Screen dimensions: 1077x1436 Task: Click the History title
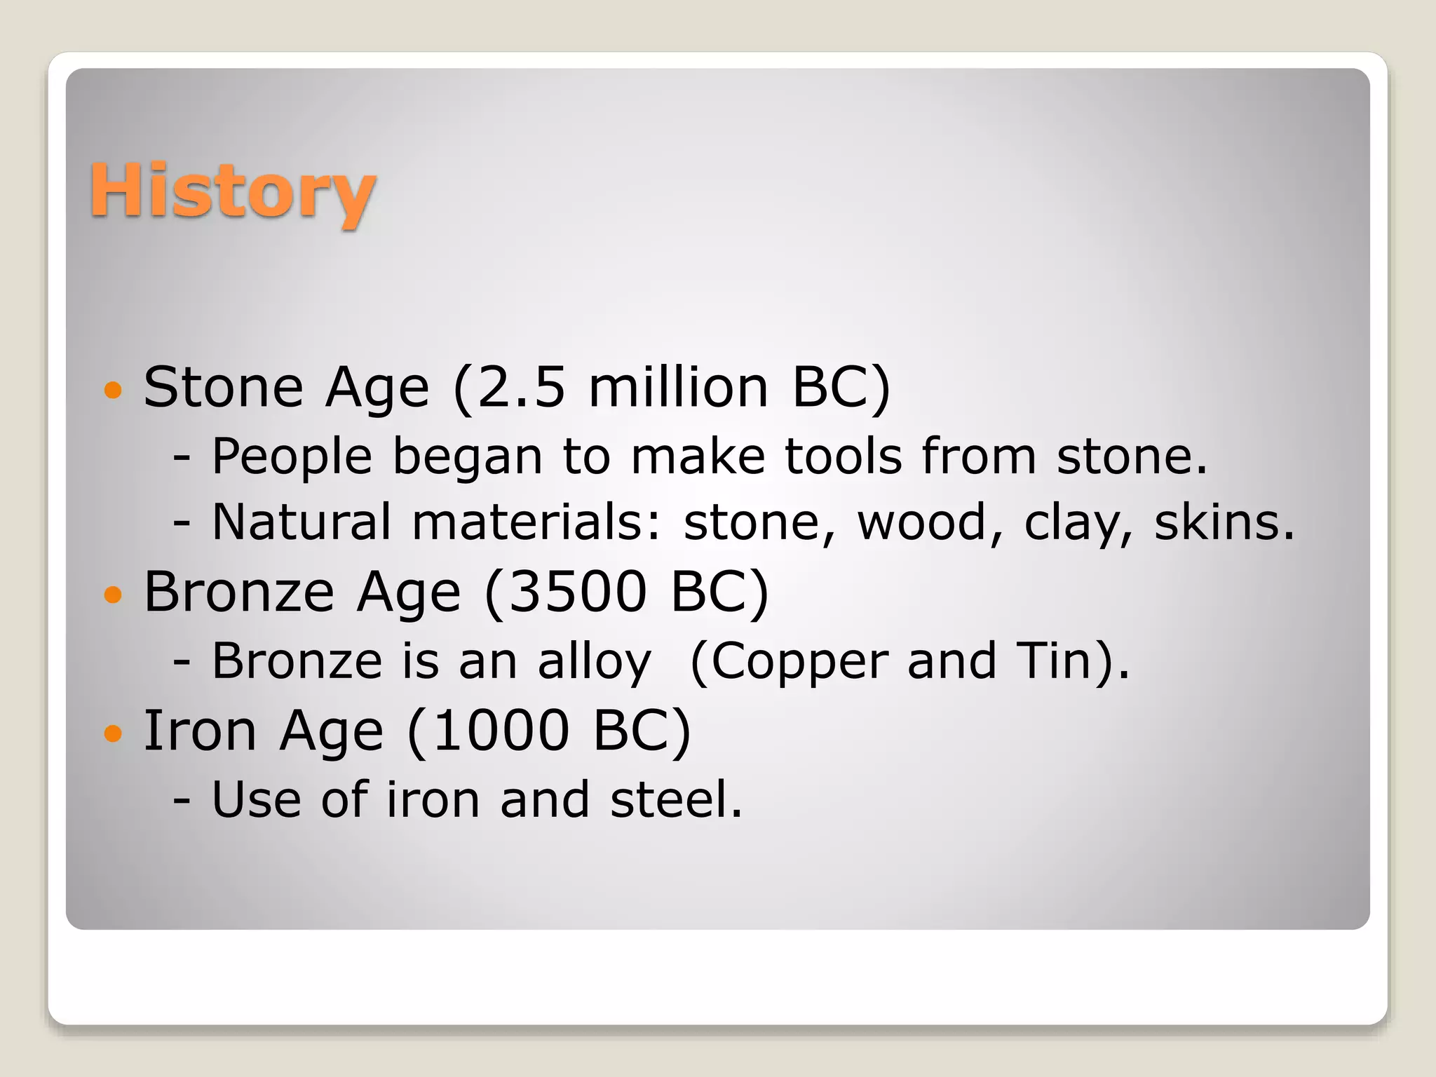[232, 191]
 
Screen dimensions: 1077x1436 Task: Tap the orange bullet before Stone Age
[112, 390]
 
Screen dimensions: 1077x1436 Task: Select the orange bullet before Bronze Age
[112, 595]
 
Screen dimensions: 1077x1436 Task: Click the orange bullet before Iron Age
[112, 733]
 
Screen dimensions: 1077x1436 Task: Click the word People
[292, 457]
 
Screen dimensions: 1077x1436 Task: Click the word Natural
[302, 522]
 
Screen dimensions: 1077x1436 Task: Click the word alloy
[595, 662]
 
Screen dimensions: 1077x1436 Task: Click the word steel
[675, 799]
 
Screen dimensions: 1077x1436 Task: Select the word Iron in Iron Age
[200, 731]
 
